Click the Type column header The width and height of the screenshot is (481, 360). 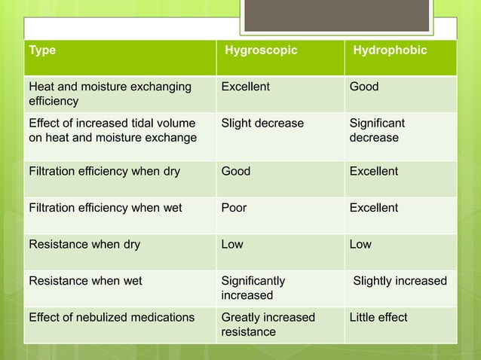pos(42,50)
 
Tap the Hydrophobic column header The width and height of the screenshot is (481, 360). pos(391,50)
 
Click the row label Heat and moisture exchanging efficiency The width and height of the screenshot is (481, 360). pos(109,93)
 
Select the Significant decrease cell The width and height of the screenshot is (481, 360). pos(377,130)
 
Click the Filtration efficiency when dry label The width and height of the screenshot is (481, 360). pos(104,172)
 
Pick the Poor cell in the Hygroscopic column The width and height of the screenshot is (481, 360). pos(234,208)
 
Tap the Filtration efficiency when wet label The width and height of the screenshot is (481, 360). pos(104,208)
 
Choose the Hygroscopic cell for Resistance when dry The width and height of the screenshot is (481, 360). pos(232,245)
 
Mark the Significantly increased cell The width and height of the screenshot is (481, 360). pos(253,288)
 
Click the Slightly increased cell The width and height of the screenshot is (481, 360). pos(400,281)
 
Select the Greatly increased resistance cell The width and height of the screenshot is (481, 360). pos(268,324)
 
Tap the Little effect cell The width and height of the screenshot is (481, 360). pos(378,317)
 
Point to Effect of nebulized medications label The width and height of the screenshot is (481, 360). pos(111,317)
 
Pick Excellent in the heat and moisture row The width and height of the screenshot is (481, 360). pos(245,87)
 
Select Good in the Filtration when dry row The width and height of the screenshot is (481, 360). pos(235,172)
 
